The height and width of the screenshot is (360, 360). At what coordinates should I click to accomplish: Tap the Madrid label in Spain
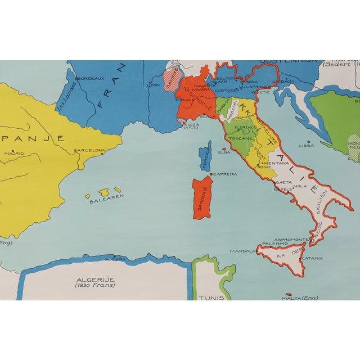pos(14,152)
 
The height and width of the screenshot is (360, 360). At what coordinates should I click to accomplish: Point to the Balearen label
pos(102,200)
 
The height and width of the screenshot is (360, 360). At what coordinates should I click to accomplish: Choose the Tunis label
pos(211,298)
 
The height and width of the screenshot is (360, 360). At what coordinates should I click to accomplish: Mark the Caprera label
pos(226,174)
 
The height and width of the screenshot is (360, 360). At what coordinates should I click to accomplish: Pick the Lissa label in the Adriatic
pos(307,145)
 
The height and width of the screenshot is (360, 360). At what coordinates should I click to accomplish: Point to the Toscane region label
pos(244,137)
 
